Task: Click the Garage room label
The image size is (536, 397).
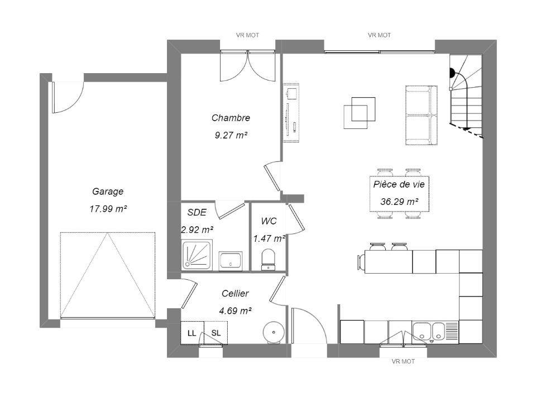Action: (108, 192)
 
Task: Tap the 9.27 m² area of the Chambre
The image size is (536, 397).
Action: (231, 136)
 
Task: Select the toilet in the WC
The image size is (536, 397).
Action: (268, 260)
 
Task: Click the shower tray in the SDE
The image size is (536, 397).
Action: (197, 255)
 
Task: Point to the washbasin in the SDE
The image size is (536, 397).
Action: (231, 261)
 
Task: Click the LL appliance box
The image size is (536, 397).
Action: (192, 333)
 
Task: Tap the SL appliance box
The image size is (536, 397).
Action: (216, 333)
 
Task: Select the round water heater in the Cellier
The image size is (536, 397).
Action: (274, 332)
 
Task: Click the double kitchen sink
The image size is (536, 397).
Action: (429, 332)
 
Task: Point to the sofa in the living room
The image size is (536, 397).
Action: (421, 115)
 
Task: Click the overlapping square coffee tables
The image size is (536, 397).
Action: (359, 113)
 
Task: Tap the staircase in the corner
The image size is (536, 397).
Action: (466, 97)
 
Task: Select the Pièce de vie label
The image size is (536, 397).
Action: (399, 184)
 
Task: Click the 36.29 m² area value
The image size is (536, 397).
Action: (399, 202)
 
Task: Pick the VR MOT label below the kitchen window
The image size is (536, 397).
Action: (403, 361)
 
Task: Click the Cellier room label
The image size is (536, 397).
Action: (235, 293)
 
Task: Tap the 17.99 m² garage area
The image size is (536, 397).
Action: (108, 209)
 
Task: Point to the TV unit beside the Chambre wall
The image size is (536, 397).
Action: (291, 112)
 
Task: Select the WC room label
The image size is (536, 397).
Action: (269, 221)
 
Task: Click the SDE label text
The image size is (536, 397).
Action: (197, 212)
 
